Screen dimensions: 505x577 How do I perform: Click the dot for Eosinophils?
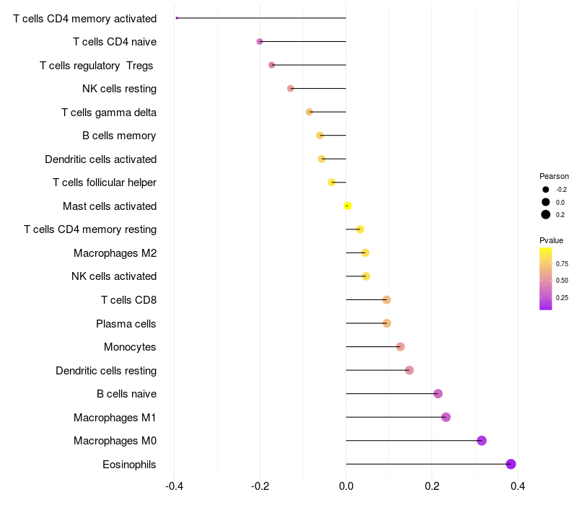(x=511, y=464)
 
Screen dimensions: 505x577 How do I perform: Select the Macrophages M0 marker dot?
(x=481, y=441)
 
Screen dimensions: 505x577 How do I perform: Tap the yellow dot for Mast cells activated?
(x=348, y=206)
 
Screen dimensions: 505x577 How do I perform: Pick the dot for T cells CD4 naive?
(x=260, y=42)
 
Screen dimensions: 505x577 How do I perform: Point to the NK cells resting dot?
(x=291, y=89)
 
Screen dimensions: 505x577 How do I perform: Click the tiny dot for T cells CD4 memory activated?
(x=177, y=18)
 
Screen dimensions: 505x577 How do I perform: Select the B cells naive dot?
(x=438, y=393)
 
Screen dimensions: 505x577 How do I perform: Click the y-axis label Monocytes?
(x=130, y=347)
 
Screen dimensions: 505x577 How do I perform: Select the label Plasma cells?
(x=126, y=323)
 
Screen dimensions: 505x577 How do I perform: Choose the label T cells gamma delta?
(x=109, y=112)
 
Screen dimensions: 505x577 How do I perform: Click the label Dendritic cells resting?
(x=106, y=370)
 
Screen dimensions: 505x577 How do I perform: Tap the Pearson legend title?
(x=554, y=176)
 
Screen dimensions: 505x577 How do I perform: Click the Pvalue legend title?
(x=552, y=240)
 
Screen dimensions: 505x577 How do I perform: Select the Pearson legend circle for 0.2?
(x=546, y=214)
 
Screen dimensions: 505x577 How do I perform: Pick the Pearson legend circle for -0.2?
(x=546, y=189)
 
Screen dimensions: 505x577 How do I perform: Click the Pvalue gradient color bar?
(x=546, y=278)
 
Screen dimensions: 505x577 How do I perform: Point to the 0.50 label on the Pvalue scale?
(x=562, y=280)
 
